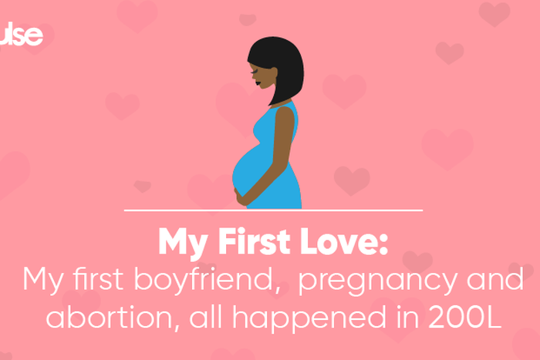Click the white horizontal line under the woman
coord(273,210)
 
